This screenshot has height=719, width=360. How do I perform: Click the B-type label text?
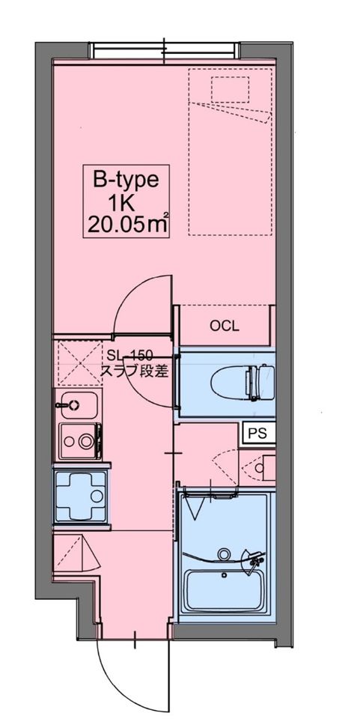pyautogui.click(x=126, y=180)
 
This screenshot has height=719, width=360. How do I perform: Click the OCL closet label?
pyautogui.click(x=224, y=326)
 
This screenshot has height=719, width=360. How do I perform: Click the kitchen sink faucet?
pyautogui.click(x=67, y=405)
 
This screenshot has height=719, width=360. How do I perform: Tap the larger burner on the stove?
pyautogui.click(x=85, y=441)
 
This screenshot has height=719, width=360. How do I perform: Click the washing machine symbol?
pyautogui.click(x=82, y=495)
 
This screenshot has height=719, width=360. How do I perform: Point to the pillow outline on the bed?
pyautogui.click(x=230, y=89)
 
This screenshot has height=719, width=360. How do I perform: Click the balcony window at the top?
pyautogui.click(x=164, y=50)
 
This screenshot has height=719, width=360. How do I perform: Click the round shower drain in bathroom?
pyautogui.click(x=224, y=554)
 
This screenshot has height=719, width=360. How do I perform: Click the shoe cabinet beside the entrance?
pyautogui.click(x=75, y=553)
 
